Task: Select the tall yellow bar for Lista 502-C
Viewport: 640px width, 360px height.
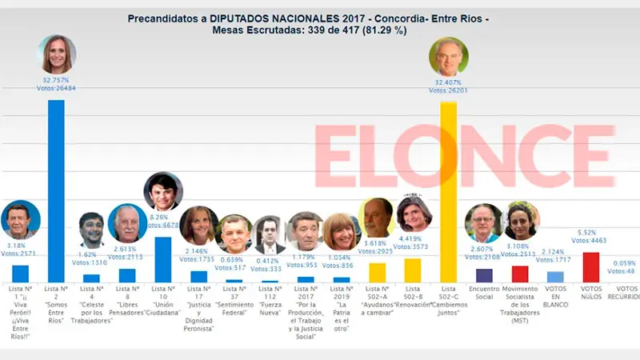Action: [x=449, y=192]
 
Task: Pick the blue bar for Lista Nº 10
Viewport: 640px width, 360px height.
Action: [x=162, y=259]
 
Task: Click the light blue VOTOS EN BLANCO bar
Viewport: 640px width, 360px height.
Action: [x=555, y=276]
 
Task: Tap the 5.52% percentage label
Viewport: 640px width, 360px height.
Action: [x=591, y=231]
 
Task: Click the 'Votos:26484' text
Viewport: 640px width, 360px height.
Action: [x=58, y=90]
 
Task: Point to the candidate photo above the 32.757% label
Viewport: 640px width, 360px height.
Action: [x=58, y=54]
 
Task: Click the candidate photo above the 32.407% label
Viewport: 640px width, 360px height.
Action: [x=449, y=56]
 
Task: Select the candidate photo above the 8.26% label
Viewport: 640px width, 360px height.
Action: [x=162, y=191]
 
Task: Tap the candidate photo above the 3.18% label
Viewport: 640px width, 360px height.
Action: [x=20, y=220]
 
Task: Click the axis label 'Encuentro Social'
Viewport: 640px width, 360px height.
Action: [x=483, y=293]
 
